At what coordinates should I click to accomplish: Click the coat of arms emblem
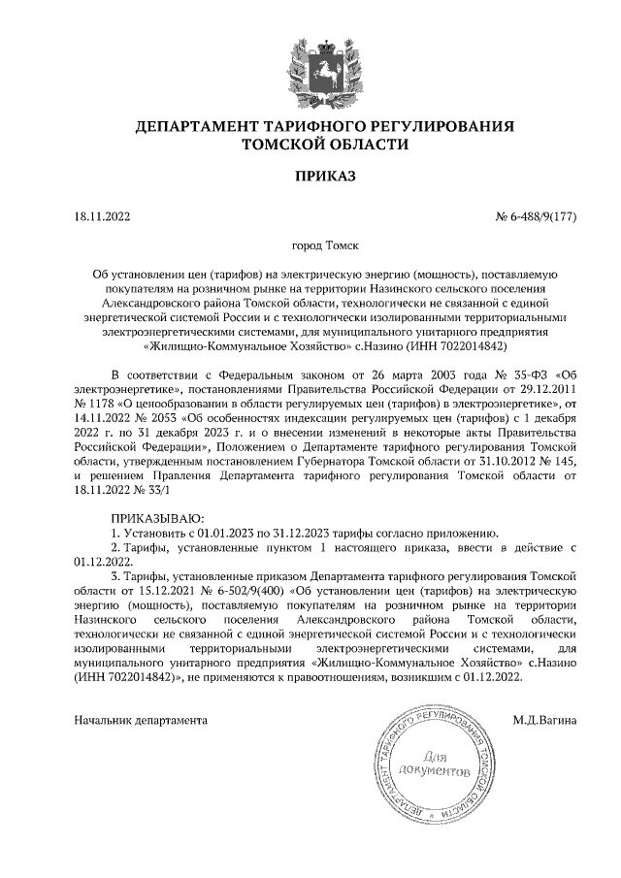310,61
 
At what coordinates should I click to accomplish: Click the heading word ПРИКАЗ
310,176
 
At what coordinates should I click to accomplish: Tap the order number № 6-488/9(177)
537,215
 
